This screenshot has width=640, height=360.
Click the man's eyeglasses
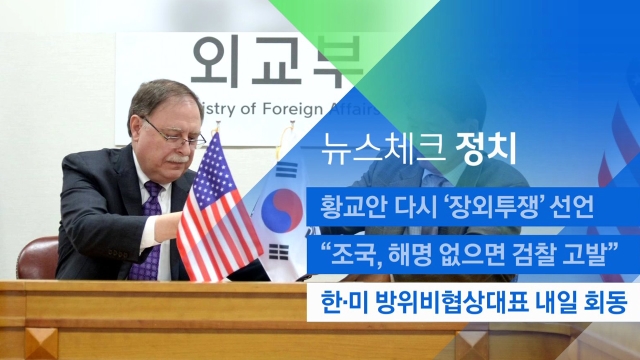coord(173,133)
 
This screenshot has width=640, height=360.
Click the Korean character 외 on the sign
coord(213,62)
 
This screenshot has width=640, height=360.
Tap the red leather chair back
coord(38,258)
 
